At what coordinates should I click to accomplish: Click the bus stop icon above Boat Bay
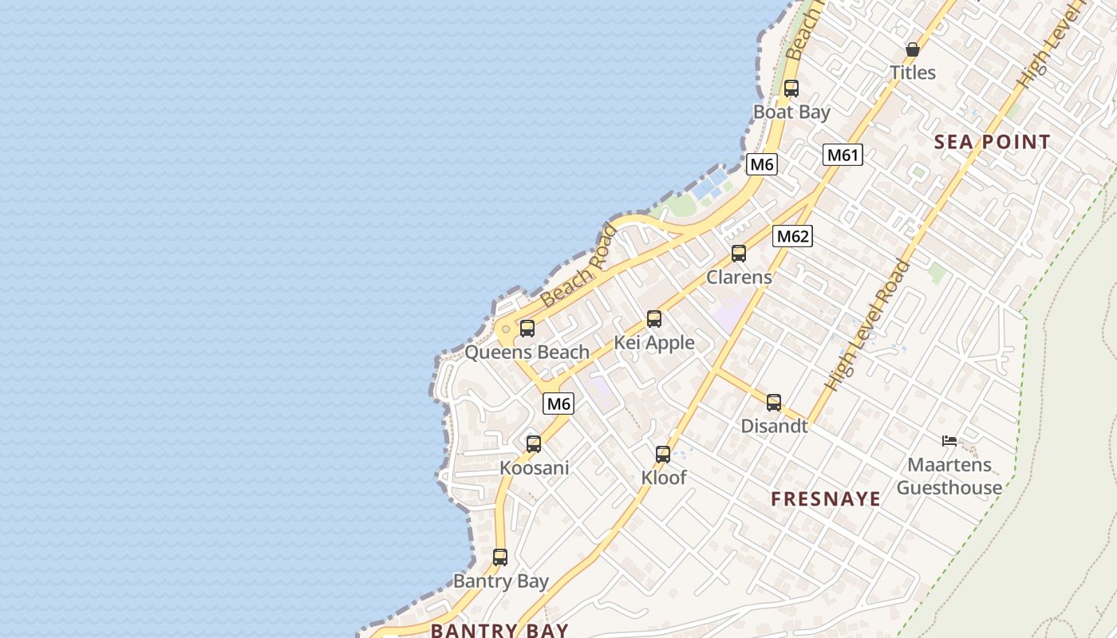pyautogui.click(x=791, y=89)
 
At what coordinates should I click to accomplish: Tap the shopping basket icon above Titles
pyautogui.click(x=913, y=49)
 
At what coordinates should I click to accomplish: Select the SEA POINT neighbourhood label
pyautogui.click(x=992, y=142)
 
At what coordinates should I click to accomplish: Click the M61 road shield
pyautogui.click(x=843, y=155)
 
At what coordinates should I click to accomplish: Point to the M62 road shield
pyautogui.click(x=792, y=236)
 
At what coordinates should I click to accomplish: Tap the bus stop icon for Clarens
pyautogui.click(x=739, y=254)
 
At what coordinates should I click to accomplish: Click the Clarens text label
pyautogui.click(x=739, y=277)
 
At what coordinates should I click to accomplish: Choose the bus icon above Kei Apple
pyautogui.click(x=654, y=319)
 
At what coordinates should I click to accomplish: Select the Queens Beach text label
pyautogui.click(x=527, y=352)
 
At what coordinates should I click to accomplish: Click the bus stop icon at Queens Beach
pyautogui.click(x=527, y=329)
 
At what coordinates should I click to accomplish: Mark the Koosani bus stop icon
pyautogui.click(x=534, y=444)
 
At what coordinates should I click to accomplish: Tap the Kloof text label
pyautogui.click(x=664, y=478)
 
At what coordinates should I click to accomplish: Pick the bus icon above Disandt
pyautogui.click(x=774, y=403)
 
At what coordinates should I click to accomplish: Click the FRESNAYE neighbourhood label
pyautogui.click(x=826, y=499)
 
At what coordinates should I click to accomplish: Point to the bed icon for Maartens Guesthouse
pyautogui.click(x=949, y=440)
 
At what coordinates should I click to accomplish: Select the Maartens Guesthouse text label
pyautogui.click(x=949, y=476)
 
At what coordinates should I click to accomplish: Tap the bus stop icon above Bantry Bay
pyautogui.click(x=500, y=557)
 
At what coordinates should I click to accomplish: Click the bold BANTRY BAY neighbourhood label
pyautogui.click(x=499, y=629)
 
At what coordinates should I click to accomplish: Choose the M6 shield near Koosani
pyautogui.click(x=558, y=404)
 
